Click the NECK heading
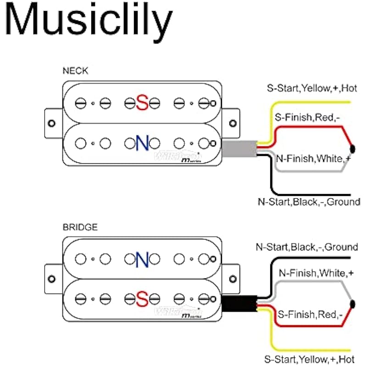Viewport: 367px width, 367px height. (x=76, y=71)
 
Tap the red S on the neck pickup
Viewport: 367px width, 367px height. (x=142, y=103)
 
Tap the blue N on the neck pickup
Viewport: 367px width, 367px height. (x=142, y=143)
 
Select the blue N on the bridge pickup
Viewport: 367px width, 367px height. (x=142, y=259)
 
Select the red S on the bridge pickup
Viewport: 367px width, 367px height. (x=142, y=299)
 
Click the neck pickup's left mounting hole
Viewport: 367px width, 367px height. (x=51, y=123)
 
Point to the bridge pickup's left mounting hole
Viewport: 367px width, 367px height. (x=51, y=279)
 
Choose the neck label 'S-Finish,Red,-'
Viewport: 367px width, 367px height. (x=307, y=118)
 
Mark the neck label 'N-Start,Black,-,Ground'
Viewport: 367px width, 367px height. (x=309, y=201)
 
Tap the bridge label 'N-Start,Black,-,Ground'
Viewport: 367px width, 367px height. (x=306, y=247)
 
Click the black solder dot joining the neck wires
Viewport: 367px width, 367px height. (x=353, y=148)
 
